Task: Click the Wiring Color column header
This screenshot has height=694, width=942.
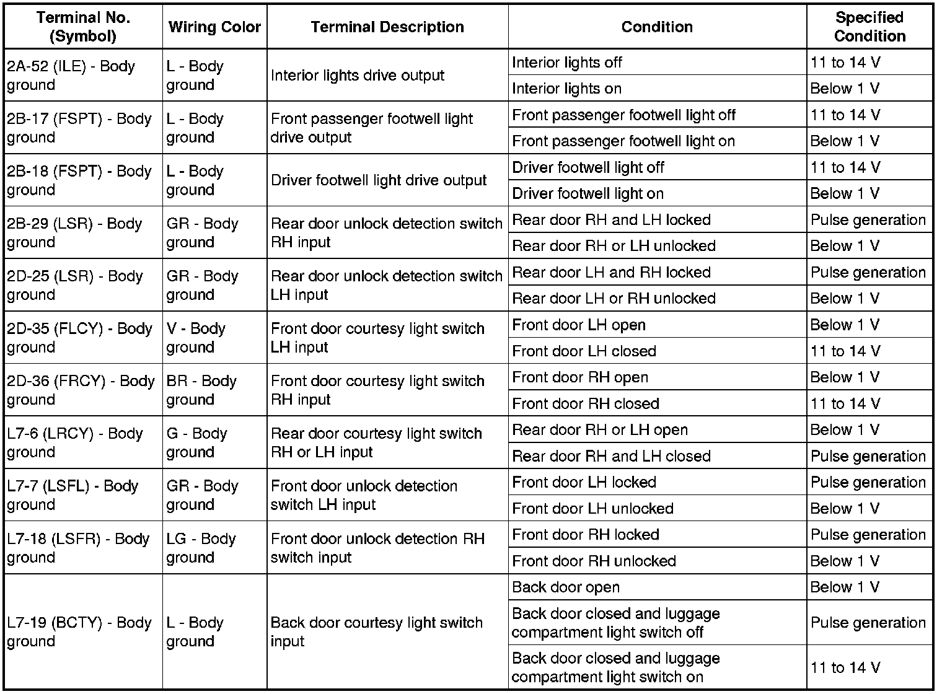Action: (214, 27)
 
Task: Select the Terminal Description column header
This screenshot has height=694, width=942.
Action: (387, 27)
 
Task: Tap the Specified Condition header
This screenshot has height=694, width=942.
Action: (869, 27)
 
